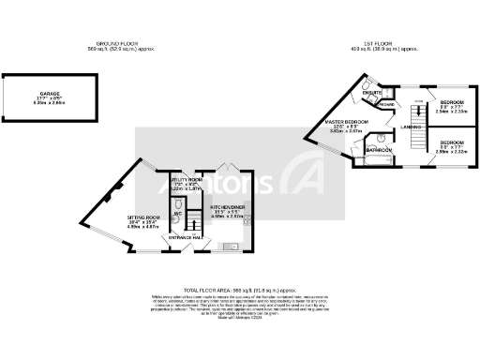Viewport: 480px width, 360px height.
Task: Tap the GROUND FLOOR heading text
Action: [x=119, y=43]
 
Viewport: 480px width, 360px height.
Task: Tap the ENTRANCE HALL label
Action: [x=187, y=238]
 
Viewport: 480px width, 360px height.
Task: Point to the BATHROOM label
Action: [x=379, y=150]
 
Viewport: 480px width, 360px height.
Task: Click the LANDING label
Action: [x=410, y=127]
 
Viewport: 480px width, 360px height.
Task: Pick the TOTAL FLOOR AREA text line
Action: [x=240, y=291]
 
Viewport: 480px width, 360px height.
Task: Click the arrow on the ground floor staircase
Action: [x=192, y=221]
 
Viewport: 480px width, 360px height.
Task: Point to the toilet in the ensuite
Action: [x=361, y=95]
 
